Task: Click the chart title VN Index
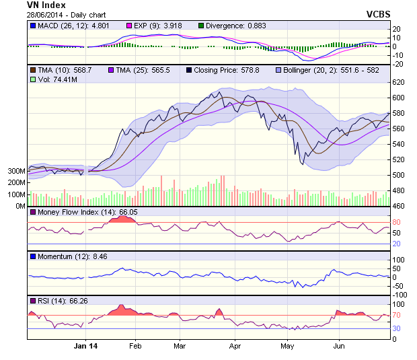pos(46,5)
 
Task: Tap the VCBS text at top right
pos(379,13)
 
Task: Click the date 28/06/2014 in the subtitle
pos(45,13)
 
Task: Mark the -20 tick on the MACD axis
pos(397,64)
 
